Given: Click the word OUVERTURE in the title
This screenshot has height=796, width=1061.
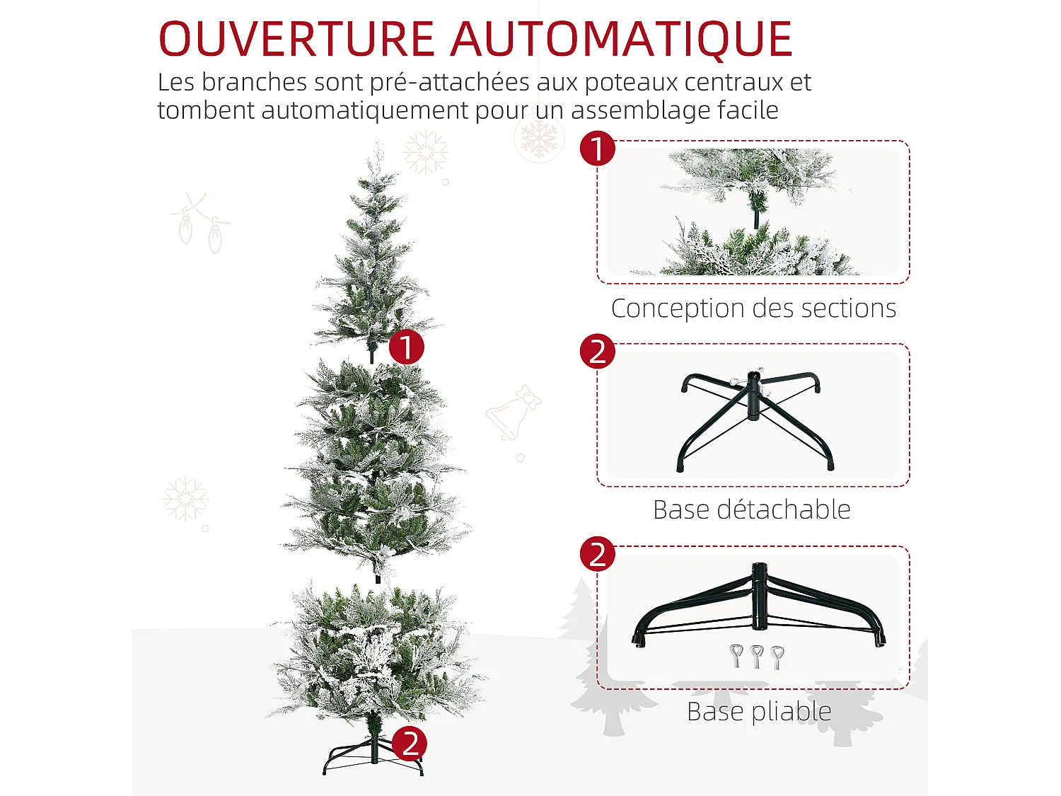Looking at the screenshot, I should point(296,40).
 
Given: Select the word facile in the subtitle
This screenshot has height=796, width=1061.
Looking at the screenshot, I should point(748,110).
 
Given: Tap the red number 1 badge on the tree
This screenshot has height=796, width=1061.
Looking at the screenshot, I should point(406,347).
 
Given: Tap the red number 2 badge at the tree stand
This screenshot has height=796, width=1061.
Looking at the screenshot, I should point(410,744).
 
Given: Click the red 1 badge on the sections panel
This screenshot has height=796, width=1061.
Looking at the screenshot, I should point(598,149).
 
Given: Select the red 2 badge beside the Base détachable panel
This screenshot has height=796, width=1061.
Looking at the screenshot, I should point(598,352).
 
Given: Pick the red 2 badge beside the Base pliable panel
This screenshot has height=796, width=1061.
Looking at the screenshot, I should point(598,554).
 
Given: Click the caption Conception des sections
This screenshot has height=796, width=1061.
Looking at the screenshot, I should point(753,308).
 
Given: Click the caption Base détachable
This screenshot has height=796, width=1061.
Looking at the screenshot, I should point(751,509).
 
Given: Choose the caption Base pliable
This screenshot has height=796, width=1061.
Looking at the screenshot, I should point(758,712).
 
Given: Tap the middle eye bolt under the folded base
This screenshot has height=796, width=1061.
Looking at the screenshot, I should point(757,656).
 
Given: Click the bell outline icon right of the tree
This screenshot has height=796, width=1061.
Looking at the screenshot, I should point(513,413).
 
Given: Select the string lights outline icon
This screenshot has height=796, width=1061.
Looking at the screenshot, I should point(199,223).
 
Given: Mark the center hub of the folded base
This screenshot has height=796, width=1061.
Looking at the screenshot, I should point(759,596).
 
